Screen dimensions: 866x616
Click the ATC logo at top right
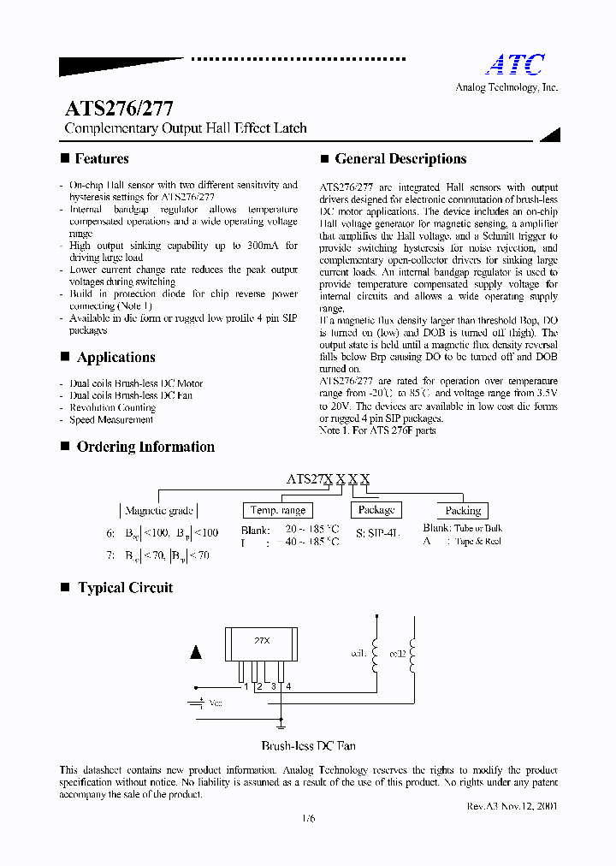(x=515, y=64)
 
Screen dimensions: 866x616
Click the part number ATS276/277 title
(x=120, y=109)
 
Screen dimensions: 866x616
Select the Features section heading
(x=102, y=158)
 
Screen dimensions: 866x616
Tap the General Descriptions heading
(x=400, y=158)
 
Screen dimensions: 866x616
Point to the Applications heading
(x=115, y=357)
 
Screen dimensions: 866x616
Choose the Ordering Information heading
(x=145, y=447)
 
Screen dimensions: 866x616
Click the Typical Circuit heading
(x=125, y=588)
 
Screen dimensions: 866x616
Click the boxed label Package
(x=376, y=510)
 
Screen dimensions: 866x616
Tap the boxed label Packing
(x=463, y=510)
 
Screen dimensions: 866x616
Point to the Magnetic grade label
(x=158, y=510)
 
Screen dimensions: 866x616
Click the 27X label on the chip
(x=262, y=640)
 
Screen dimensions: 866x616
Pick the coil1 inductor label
(x=358, y=654)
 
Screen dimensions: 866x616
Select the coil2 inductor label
(x=397, y=654)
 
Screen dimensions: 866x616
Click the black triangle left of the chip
(x=196, y=652)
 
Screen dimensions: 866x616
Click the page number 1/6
(x=308, y=818)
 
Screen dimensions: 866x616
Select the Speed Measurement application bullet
(x=111, y=420)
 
